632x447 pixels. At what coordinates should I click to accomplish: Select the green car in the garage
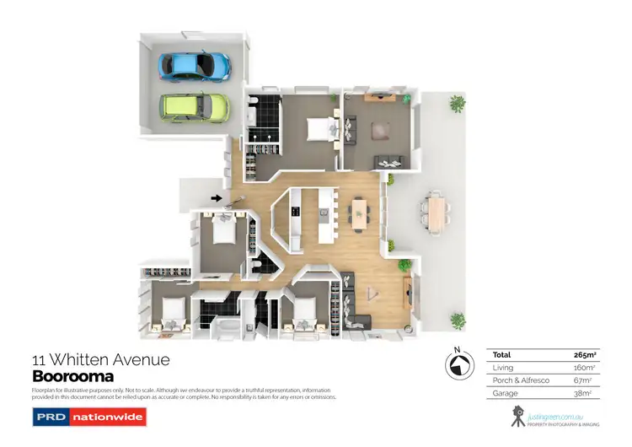(x=195, y=106)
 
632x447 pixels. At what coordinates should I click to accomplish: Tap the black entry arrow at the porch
(x=217, y=199)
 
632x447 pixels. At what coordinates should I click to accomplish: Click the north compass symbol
(x=457, y=365)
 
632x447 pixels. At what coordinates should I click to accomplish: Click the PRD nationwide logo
(x=88, y=417)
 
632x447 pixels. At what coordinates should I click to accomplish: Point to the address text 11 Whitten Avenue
(x=100, y=360)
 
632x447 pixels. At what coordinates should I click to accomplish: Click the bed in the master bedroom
(x=319, y=128)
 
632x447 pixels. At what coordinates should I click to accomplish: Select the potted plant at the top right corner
(x=457, y=104)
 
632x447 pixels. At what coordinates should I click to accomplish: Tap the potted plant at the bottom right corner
(x=457, y=320)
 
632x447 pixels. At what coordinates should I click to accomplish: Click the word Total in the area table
(x=502, y=355)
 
